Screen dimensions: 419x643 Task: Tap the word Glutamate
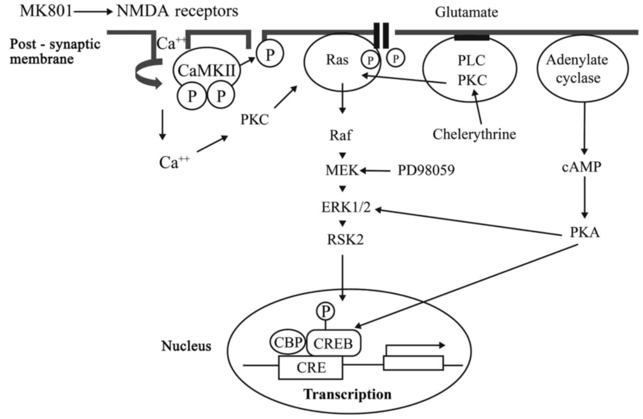[x=466, y=12]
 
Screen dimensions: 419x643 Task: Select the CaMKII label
[x=207, y=70]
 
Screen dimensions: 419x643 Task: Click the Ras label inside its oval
[x=337, y=60]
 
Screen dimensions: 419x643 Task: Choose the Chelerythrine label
[x=474, y=134]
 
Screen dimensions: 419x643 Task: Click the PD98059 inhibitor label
[x=426, y=170]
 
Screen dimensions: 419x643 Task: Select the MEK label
[x=342, y=170]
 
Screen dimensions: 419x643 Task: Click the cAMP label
[x=581, y=167]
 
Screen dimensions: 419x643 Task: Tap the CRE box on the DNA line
[x=311, y=368]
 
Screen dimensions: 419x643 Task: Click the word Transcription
[x=347, y=394]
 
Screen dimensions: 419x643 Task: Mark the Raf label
[x=340, y=135]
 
